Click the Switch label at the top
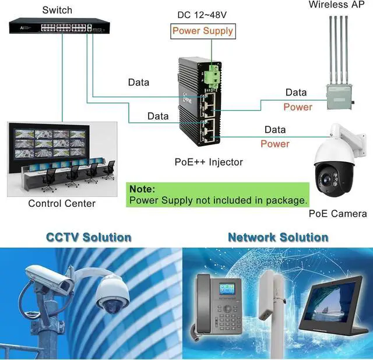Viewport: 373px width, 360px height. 57,10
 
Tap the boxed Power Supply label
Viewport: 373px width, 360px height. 202,31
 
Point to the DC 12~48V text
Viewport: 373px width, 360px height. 202,14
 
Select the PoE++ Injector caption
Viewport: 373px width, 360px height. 209,162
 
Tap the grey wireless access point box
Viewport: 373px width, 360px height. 340,95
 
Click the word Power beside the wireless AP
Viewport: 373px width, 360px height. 298,107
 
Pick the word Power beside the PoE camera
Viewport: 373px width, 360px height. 275,144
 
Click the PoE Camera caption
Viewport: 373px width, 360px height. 337,214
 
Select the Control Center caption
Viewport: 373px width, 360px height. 62,203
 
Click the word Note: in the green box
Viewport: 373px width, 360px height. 142,189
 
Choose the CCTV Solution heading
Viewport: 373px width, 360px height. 89,237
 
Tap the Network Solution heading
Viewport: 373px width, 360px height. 278,237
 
